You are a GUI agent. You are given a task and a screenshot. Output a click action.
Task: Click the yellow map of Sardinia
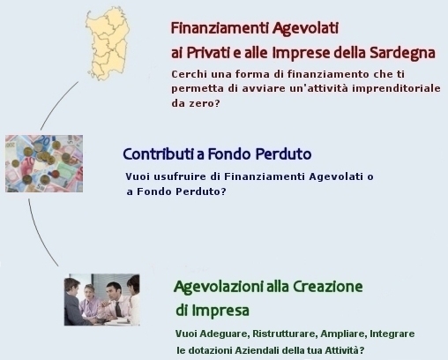click(108, 43)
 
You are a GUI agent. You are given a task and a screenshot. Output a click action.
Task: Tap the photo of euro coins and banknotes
click(44, 163)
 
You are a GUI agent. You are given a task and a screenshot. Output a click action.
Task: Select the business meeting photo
click(101, 300)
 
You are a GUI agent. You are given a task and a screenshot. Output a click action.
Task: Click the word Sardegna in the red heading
click(402, 53)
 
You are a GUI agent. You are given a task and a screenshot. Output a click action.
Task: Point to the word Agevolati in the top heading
click(305, 28)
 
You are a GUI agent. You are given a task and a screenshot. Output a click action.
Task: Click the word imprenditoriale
click(396, 88)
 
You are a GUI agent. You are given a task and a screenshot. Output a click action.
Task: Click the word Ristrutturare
click(284, 334)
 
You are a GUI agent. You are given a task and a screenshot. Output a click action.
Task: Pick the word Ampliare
click(342, 334)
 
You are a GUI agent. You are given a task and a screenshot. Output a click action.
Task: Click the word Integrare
click(392, 334)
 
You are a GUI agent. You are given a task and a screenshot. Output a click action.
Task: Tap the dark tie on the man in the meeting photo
click(118, 309)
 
